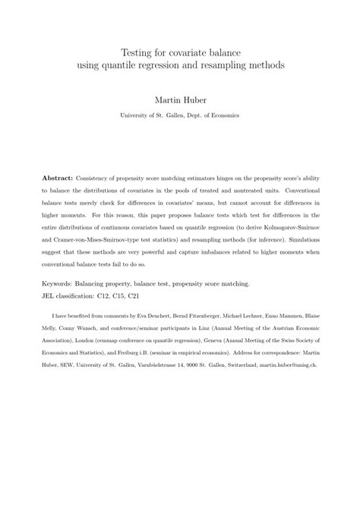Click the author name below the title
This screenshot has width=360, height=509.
click(180, 100)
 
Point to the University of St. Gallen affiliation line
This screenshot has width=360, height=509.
click(180, 115)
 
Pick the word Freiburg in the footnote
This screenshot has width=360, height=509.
click(135, 344)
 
